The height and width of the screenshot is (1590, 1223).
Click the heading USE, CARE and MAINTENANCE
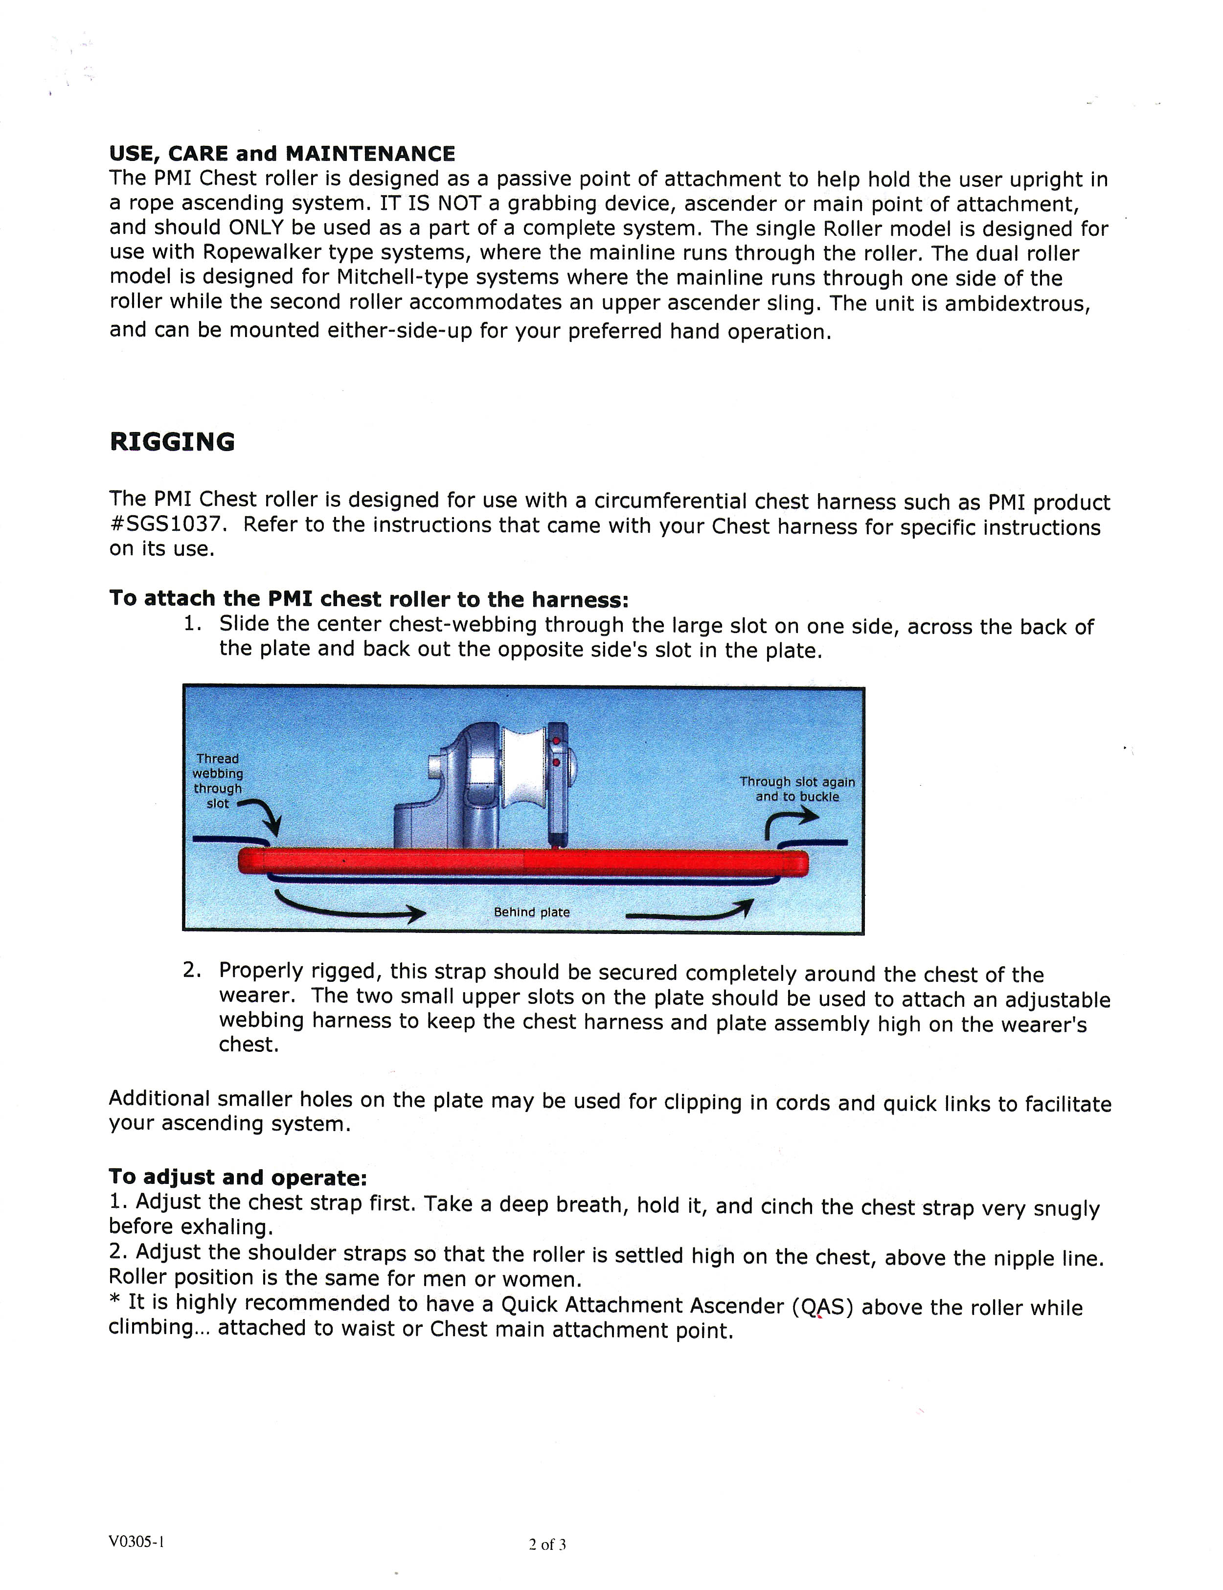pyautogui.click(x=282, y=154)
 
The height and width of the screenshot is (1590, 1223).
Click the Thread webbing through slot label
pyautogui.click(x=218, y=780)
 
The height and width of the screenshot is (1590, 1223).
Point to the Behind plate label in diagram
pyautogui.click(x=531, y=912)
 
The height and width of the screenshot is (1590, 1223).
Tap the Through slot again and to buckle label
pyautogui.click(x=797, y=789)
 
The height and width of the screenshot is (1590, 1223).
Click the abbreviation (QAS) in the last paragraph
pyautogui.click(x=822, y=1306)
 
